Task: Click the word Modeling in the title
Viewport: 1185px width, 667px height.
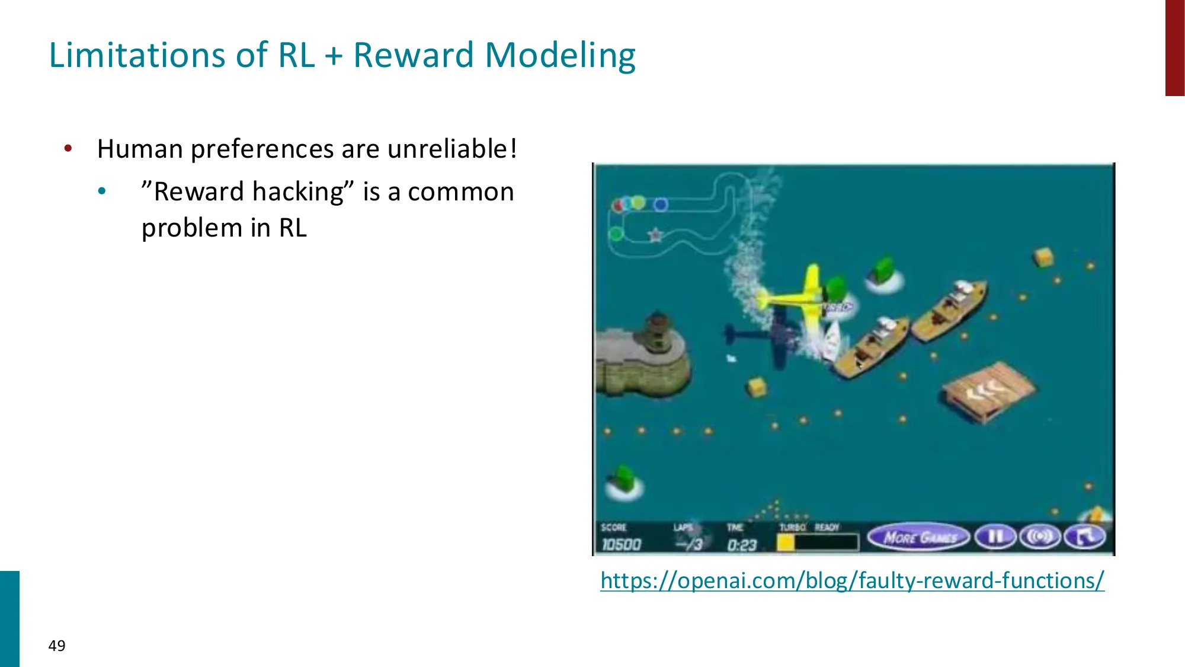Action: [x=560, y=56]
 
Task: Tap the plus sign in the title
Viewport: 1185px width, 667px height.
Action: [x=334, y=56]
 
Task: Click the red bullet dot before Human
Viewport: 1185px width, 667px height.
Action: [x=68, y=148]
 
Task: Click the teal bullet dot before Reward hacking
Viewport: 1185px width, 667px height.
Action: [x=102, y=192]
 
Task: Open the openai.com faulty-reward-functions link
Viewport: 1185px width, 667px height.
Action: [x=852, y=580]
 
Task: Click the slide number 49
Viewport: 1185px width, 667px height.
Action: [x=57, y=646]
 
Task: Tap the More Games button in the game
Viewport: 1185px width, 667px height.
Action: [x=919, y=538]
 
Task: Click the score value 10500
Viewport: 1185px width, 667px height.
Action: [x=621, y=544]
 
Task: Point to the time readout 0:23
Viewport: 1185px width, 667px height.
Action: [x=742, y=545]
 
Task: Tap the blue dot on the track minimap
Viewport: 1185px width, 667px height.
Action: [x=661, y=205]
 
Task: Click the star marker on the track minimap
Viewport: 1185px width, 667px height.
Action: [x=655, y=235]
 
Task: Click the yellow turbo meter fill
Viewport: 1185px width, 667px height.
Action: [x=786, y=542]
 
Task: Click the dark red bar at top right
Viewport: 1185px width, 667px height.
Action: [x=1174, y=47]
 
